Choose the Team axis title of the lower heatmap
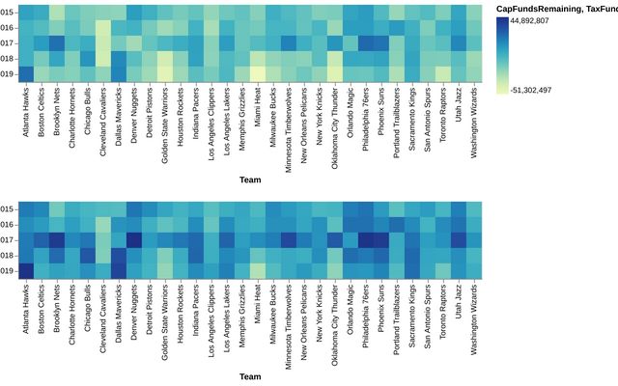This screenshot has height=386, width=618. pos(249,376)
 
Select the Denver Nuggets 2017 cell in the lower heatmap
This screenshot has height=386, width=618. pos(133,239)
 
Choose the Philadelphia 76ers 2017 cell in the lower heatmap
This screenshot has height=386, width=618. pos(366,239)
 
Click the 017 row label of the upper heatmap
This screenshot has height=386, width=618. pos(7,42)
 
